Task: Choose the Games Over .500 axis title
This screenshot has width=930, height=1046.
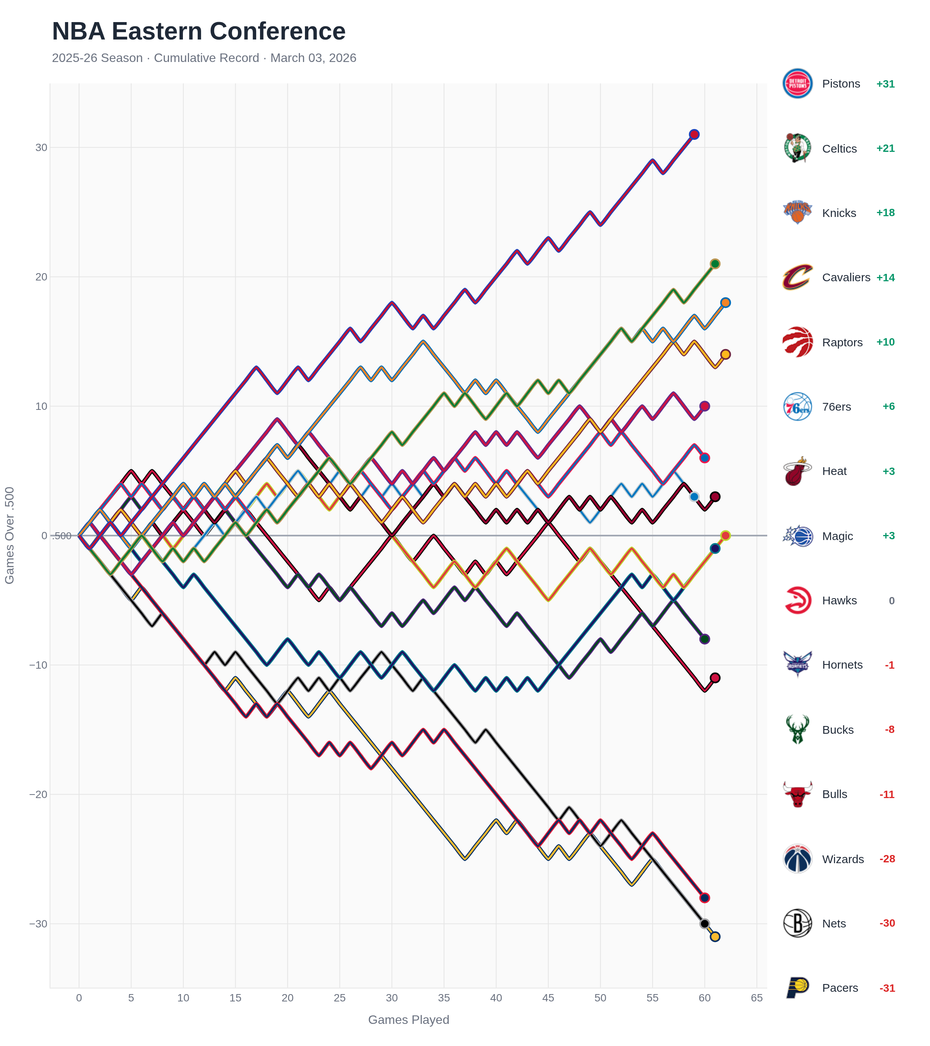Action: click(x=10, y=535)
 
